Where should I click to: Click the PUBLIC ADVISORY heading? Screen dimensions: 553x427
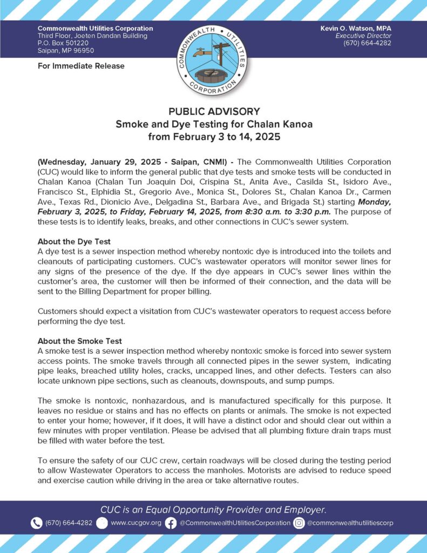click(x=214, y=112)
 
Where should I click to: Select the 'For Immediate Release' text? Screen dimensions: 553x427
click(x=81, y=66)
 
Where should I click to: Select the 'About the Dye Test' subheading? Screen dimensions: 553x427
click(x=74, y=241)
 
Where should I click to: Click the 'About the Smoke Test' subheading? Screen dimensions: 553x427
click(x=79, y=341)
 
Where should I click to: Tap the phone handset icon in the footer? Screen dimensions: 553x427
click(x=36, y=523)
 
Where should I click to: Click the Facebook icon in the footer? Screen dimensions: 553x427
click(x=171, y=523)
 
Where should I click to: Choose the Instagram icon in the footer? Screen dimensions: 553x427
click(x=299, y=523)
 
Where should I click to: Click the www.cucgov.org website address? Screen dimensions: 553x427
click(x=135, y=523)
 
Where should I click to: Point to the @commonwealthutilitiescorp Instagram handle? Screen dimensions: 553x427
click(x=350, y=523)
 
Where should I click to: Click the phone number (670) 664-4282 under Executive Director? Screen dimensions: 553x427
click(x=367, y=43)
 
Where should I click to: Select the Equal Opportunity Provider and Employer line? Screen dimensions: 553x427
click(x=213, y=509)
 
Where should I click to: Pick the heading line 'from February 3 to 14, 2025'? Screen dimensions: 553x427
click(x=214, y=137)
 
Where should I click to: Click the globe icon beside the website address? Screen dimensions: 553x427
click(x=102, y=523)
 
